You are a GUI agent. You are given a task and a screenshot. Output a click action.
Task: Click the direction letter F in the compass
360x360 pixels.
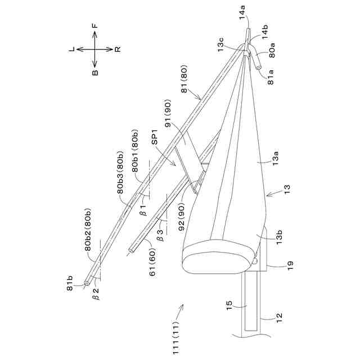click(x=95, y=26)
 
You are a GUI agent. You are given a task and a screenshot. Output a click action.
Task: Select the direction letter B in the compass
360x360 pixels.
click(x=95, y=72)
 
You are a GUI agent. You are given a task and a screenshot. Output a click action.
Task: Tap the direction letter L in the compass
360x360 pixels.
click(x=72, y=49)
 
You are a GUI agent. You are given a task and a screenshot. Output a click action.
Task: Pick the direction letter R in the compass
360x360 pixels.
click(x=118, y=49)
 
